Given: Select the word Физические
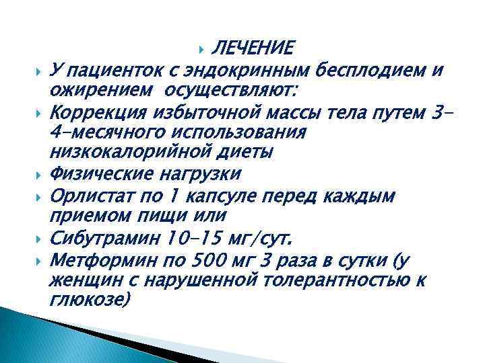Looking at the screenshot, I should [99, 175].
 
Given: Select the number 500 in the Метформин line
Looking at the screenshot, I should [212, 259].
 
